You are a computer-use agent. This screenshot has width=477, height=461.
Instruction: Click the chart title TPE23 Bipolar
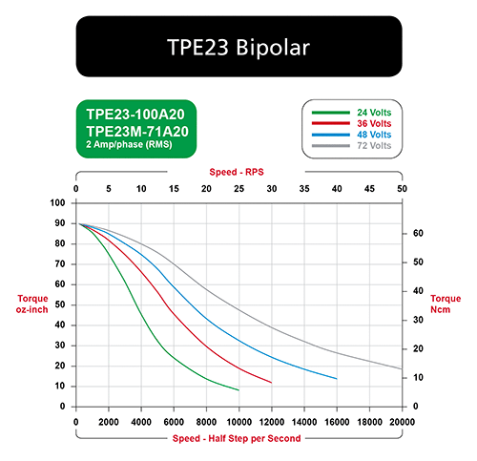[x=238, y=48]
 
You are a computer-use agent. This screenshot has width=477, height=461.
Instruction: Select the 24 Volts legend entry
[x=374, y=113]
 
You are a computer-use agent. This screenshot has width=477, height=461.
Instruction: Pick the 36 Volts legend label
[x=374, y=123]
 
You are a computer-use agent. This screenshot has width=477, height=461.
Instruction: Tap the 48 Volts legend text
[x=374, y=135]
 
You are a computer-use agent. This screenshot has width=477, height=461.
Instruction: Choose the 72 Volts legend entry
[x=374, y=146]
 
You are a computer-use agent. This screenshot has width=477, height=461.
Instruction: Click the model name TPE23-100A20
[x=135, y=115]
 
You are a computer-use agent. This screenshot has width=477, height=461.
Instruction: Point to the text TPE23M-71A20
[x=137, y=132]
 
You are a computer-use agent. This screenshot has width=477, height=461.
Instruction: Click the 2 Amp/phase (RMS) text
[x=129, y=144]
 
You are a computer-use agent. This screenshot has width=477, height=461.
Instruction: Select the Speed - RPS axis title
[x=237, y=172]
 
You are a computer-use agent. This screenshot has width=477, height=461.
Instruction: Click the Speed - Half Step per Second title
[x=237, y=438]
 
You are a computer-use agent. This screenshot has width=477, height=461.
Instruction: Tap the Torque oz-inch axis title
[x=32, y=304]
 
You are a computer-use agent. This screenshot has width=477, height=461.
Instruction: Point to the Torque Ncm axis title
[x=446, y=304]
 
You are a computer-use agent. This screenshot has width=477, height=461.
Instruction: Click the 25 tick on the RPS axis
[x=238, y=189]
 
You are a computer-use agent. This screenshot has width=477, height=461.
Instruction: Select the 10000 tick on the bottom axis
[x=238, y=422]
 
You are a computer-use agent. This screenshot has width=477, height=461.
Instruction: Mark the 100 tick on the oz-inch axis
[x=57, y=202]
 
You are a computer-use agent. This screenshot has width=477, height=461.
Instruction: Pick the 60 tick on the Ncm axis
[x=418, y=233]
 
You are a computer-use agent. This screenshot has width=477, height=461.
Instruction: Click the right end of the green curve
[x=238, y=390]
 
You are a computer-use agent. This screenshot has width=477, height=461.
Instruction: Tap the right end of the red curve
[x=272, y=383]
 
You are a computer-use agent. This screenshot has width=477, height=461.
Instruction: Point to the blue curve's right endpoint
[x=337, y=379]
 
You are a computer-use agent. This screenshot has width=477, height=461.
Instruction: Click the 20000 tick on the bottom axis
[x=402, y=422]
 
